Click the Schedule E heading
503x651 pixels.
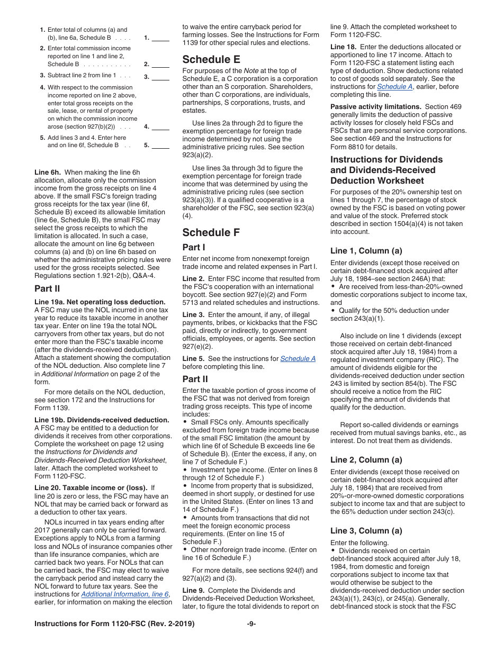(x=211, y=59)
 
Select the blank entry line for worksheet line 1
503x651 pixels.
(x=160, y=38)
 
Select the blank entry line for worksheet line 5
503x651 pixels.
(x=160, y=146)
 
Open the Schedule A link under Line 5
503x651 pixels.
(x=298, y=358)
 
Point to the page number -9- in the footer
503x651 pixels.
(x=251, y=623)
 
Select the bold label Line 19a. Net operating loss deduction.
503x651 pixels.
(x=100, y=302)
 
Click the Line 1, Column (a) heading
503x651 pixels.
(x=366, y=250)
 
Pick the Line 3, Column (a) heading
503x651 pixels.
(x=366, y=530)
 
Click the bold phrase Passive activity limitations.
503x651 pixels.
(x=375, y=106)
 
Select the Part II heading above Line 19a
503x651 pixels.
(x=47, y=288)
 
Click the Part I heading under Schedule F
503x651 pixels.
(x=194, y=247)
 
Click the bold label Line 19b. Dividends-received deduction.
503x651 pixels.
(x=102, y=420)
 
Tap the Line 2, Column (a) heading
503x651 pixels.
(x=366, y=459)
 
